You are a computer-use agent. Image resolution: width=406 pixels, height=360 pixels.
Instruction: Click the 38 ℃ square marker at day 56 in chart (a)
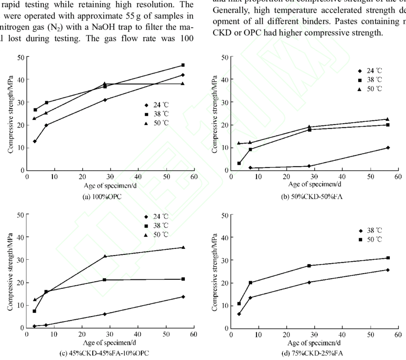[x=183, y=65]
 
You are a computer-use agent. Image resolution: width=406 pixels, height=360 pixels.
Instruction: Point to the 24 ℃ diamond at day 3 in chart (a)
[x=35, y=141]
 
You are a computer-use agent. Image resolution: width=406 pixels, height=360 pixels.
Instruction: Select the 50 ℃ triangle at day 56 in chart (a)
[x=183, y=84]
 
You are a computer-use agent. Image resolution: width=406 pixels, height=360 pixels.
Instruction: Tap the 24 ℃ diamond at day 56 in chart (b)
[x=387, y=148]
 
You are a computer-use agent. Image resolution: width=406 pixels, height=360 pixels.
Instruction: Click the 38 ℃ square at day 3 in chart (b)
[x=239, y=163]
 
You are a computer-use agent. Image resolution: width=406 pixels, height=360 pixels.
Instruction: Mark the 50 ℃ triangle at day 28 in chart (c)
[x=105, y=256]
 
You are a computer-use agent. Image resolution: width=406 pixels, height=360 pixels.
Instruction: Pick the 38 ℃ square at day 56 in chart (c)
[x=183, y=279]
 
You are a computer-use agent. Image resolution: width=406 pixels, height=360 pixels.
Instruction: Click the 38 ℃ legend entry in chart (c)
[x=155, y=225]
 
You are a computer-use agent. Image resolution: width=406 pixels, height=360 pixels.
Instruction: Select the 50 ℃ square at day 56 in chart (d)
[x=388, y=258]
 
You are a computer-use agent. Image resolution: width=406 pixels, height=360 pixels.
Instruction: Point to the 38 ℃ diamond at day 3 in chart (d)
[x=239, y=314]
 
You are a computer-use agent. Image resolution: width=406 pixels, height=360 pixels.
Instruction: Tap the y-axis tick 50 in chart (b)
[x=221, y=57]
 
